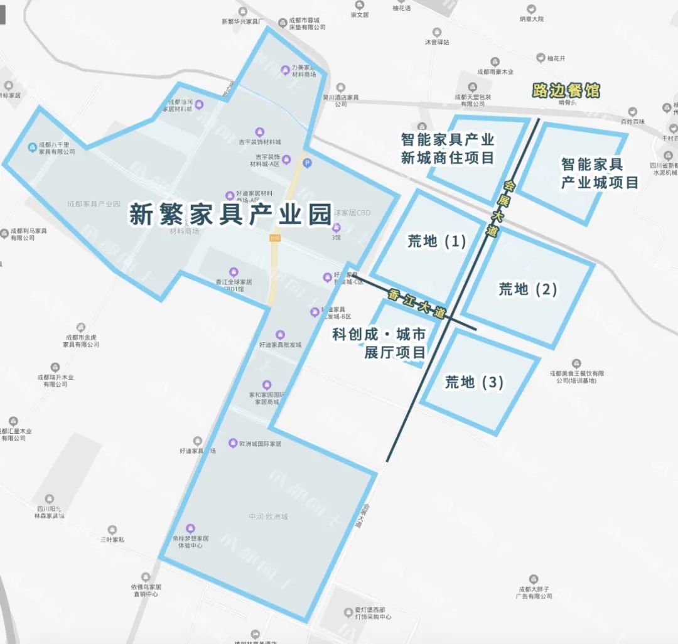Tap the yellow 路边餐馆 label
coord(565,90)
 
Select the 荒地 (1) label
coord(437,241)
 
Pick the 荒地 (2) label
coord(528,289)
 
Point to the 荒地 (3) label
coord(474,382)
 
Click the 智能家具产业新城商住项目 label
coord(448,148)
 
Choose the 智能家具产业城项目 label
coord(600,173)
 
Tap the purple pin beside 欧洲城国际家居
coord(233,443)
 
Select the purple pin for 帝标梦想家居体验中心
coord(191,528)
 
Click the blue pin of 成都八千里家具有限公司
coord(33,148)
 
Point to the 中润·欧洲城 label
coord(268,517)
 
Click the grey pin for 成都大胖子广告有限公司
coord(534,579)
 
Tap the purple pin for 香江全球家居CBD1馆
coord(234,272)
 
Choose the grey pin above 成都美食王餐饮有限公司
coord(576,363)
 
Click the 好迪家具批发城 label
coord(280,345)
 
